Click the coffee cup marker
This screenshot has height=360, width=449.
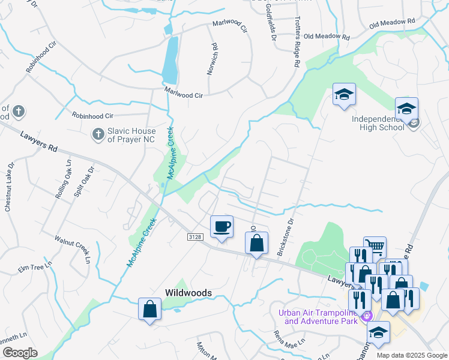(x=221, y=227)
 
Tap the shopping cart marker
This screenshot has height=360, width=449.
(x=375, y=246)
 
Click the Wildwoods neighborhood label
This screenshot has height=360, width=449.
(x=188, y=293)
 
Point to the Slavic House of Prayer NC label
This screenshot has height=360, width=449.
(x=131, y=135)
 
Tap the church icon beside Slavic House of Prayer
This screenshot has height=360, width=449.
(x=97, y=134)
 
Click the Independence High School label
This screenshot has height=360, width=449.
(x=382, y=122)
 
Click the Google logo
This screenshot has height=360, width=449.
(x=19, y=353)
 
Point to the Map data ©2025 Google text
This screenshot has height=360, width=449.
(x=411, y=355)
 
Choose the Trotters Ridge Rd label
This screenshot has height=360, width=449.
(x=297, y=35)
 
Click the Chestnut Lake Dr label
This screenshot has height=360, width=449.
(x=9, y=187)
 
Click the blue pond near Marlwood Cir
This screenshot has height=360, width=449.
(x=170, y=60)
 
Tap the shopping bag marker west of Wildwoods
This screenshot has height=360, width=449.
(x=149, y=309)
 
